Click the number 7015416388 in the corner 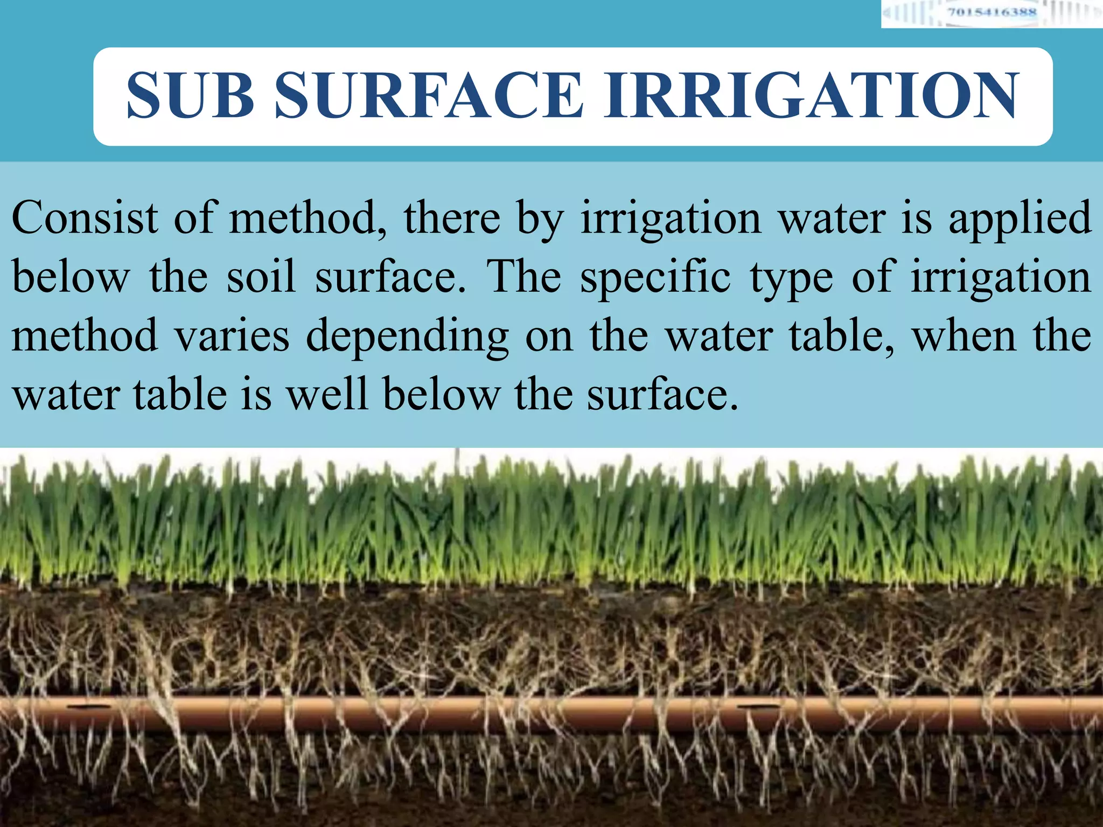pyautogui.click(x=992, y=12)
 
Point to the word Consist pyautogui.click(x=85, y=218)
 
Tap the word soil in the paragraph pyautogui.click(x=261, y=276)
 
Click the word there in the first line pyautogui.click(x=452, y=218)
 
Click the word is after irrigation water pyautogui.click(x=916, y=218)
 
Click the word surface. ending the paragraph pyautogui.click(x=662, y=395)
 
